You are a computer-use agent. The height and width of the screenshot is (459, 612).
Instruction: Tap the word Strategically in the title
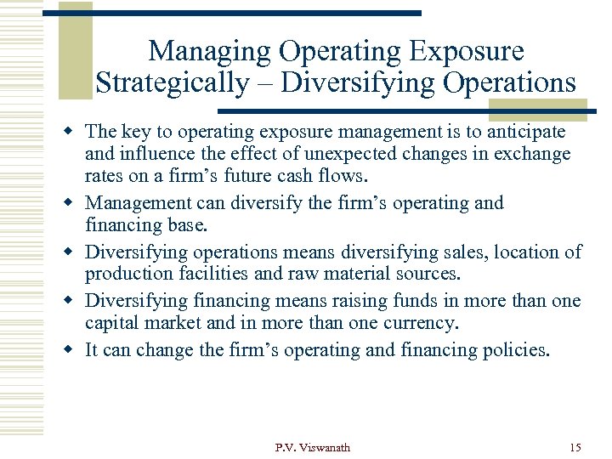click(172, 83)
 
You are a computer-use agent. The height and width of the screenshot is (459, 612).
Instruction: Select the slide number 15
click(575, 447)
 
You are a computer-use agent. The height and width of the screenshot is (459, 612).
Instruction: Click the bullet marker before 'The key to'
click(73, 132)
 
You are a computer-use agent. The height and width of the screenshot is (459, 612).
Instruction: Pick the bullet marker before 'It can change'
click(73, 349)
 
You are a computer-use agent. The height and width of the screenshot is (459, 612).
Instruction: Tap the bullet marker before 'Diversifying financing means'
click(73, 301)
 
